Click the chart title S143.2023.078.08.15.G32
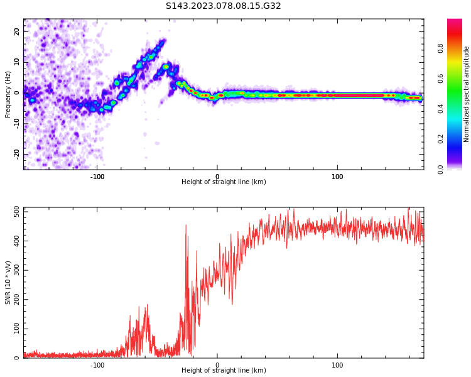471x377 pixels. [224, 6]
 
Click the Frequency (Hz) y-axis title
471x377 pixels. [8, 94]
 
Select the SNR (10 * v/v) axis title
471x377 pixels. [8, 282]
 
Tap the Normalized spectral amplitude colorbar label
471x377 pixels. [467, 94]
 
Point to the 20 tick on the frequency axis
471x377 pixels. [17, 31]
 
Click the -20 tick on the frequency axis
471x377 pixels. [16, 154]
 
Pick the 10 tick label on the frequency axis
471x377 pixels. [17, 62]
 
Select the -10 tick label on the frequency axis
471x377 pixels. [16, 123]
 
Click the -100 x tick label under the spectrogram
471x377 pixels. [97, 177]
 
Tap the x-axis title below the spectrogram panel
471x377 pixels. [224, 182]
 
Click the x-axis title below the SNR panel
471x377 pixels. [224, 371]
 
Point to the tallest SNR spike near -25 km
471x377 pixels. [186, 226]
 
